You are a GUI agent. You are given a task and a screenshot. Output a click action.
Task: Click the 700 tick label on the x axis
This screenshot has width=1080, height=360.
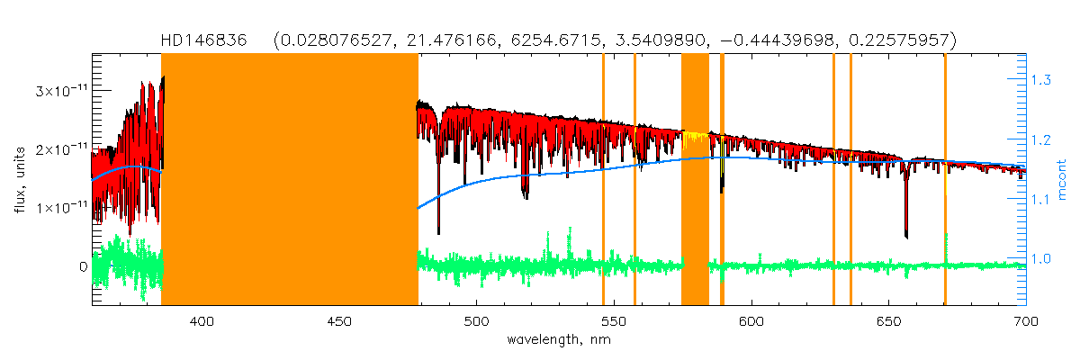(x=1026, y=320)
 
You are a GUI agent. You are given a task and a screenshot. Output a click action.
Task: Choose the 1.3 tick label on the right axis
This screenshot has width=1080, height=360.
(x=1041, y=81)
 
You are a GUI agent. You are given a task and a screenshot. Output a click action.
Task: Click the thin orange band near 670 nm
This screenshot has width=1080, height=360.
(x=945, y=180)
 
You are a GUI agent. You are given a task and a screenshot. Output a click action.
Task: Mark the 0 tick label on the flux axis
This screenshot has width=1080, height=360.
(x=83, y=266)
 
